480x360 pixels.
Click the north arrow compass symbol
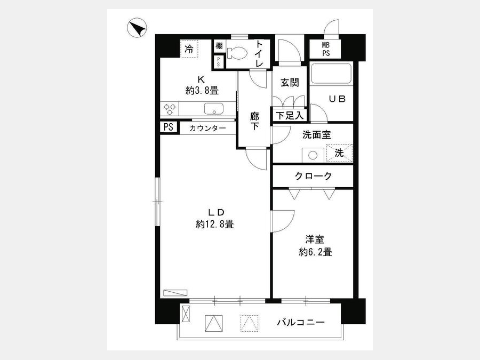[x=138, y=28]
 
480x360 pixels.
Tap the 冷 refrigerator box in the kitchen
[x=189, y=49]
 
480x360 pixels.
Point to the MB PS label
[x=325, y=50]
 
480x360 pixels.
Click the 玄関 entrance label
[x=290, y=83]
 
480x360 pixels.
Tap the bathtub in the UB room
[x=331, y=74]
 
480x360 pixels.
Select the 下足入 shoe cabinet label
[x=290, y=115]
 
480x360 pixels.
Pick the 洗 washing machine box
[x=339, y=152]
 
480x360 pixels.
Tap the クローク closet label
[x=313, y=177]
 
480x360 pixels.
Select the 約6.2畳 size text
[x=315, y=252]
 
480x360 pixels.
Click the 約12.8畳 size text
[x=214, y=224]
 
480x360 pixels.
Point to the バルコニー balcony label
[x=300, y=323]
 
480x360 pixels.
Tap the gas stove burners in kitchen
[x=170, y=109]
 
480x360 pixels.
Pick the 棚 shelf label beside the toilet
[x=219, y=46]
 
